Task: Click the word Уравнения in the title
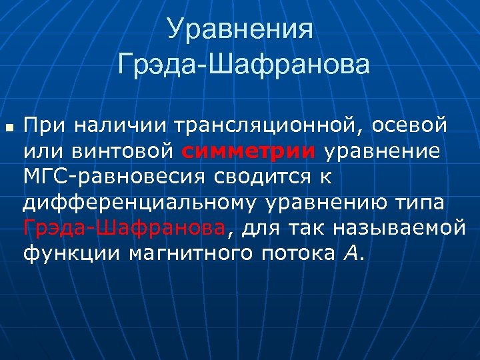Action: (240, 30)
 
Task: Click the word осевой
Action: (409, 125)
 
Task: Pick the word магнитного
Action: (162, 253)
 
